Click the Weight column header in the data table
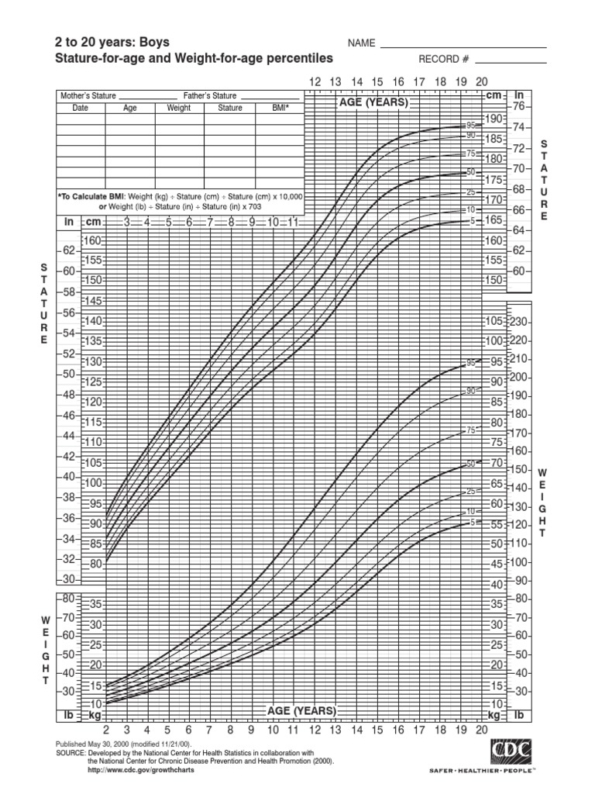178,109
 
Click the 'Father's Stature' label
210,95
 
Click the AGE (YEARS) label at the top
373,102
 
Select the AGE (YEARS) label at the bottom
301,710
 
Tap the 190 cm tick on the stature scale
494,119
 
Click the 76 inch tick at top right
519,106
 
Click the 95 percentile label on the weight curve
470,362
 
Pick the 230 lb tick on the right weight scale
518,322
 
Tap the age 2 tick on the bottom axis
106,730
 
